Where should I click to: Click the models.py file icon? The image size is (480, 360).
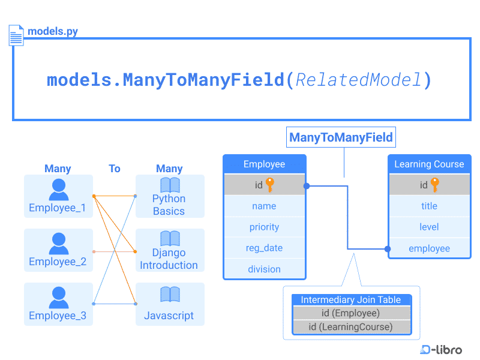16,35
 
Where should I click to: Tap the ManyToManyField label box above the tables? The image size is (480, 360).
341,137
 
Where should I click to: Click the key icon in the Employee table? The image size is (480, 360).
270,185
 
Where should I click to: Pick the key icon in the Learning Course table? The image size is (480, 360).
435,185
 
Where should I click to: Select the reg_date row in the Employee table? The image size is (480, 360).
264,248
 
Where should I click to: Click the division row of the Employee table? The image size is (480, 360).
264,269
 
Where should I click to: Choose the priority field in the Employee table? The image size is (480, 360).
264,227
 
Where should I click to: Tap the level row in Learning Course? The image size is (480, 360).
429,227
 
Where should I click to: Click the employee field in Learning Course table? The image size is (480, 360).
429,248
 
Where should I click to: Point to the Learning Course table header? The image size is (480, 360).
429,164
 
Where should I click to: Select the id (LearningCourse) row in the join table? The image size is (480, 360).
351,327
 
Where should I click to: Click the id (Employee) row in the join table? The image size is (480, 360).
351,313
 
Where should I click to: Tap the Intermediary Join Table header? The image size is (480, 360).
351,300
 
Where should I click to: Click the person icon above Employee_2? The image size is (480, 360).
59,243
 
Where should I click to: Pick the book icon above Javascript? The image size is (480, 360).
170,295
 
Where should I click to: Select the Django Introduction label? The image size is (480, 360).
169,259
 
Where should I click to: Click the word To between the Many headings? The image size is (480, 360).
115,169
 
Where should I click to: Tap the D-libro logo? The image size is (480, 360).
441,349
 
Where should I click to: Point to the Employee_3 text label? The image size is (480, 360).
58,316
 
